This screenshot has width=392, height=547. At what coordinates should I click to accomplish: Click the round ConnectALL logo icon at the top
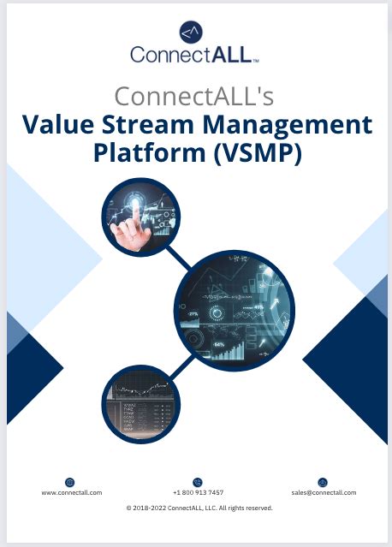click(x=191, y=33)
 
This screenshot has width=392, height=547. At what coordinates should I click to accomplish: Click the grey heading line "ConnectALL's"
click(x=195, y=94)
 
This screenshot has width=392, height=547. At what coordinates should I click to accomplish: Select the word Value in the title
click(x=59, y=124)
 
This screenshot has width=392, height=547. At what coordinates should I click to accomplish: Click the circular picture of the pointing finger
click(x=141, y=217)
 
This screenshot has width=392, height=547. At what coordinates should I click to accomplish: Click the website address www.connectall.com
click(x=72, y=492)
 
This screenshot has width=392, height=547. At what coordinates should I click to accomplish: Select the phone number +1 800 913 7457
click(x=198, y=492)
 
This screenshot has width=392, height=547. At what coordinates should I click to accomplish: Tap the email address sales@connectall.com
click(x=323, y=492)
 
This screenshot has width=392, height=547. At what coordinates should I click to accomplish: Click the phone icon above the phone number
click(x=198, y=482)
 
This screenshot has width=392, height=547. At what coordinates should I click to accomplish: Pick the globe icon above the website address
click(x=69, y=482)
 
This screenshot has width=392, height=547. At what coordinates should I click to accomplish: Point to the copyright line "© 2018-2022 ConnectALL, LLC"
click(x=199, y=508)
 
